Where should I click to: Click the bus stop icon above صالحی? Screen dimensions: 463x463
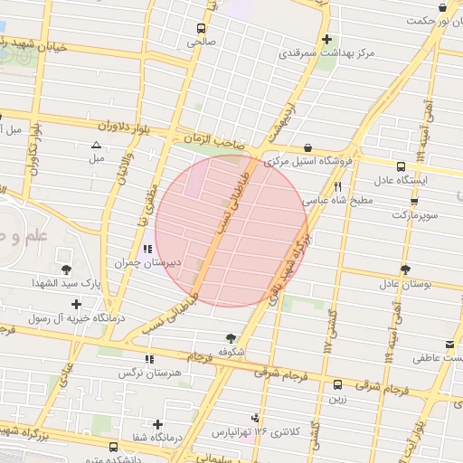click(x=199, y=27)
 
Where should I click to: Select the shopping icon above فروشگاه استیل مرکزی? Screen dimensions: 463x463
click(x=308, y=147)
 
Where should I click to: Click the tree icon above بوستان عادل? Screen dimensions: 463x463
click(x=404, y=269)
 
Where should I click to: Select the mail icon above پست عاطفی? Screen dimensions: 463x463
click(x=449, y=345)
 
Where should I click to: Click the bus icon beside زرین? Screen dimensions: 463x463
click(x=337, y=383)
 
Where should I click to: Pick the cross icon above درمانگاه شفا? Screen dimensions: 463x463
click(x=158, y=423)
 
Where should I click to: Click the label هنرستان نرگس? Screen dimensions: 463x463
click(x=149, y=373)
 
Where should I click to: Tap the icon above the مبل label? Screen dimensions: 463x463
click(x=96, y=145)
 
